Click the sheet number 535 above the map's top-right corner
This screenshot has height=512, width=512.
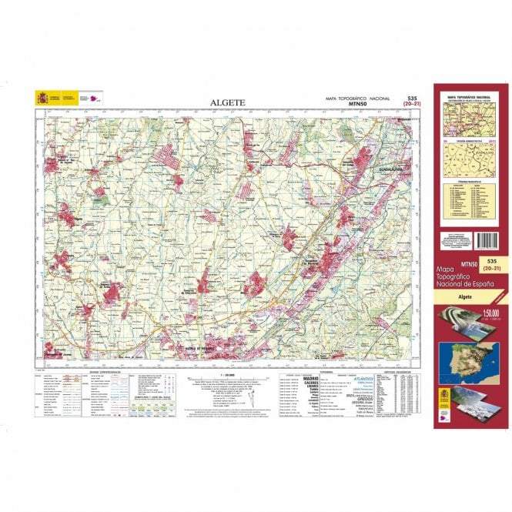click(x=412, y=99)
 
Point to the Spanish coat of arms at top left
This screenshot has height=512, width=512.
click(x=42, y=98)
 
